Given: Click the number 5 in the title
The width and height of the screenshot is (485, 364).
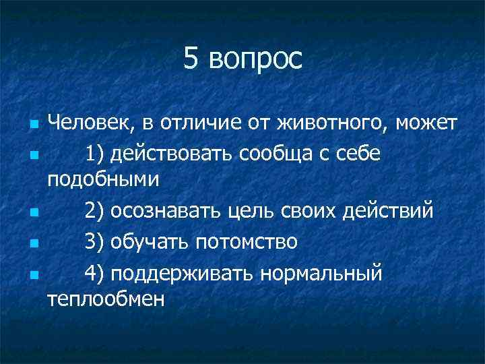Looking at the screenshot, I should point(192,59).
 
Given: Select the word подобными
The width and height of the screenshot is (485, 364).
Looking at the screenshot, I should point(103,180).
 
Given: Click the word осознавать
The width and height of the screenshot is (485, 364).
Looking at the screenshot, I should point(162,211).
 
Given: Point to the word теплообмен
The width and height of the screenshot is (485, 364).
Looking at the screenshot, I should point(106,298).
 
